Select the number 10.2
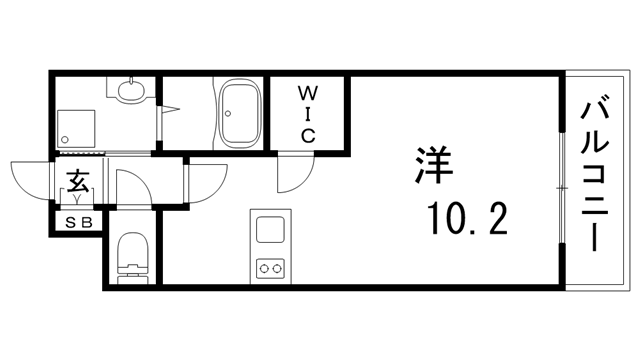coord(466,216)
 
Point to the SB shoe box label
coord(78,223)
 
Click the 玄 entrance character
coord(77,181)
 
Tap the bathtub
coord(239,113)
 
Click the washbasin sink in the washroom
coord(129,91)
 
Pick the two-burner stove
coord(269,268)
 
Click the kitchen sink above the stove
coord(269,229)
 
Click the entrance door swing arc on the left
coord(30,178)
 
